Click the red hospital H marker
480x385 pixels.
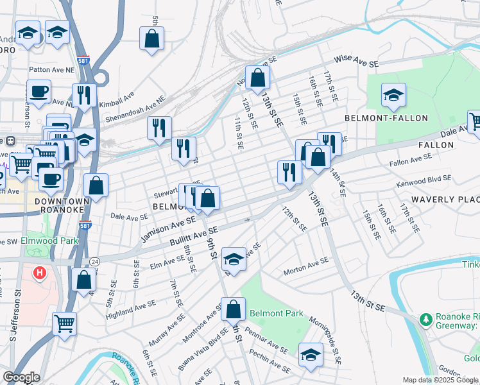pos(40,273)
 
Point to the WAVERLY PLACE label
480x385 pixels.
pos(445,200)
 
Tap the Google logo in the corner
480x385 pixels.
pos(21,377)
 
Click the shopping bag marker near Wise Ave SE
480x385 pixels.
pos(257,78)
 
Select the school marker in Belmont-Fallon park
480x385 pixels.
pos(393,96)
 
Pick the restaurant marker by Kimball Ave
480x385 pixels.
pos(84,96)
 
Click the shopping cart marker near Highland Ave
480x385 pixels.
pos(64,323)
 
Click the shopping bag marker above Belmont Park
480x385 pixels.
pos(234,309)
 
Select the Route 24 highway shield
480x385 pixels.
pos(94,261)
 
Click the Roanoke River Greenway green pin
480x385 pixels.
pos(425,319)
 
